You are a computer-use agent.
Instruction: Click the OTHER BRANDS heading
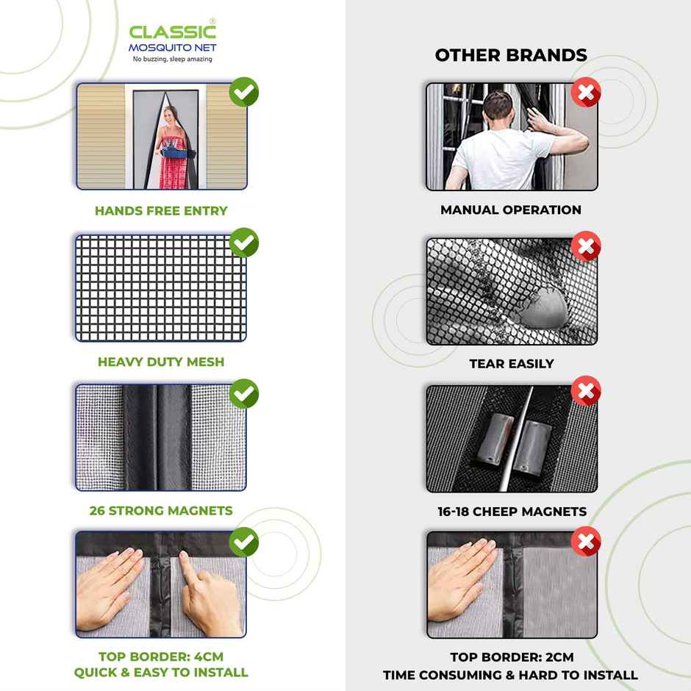pyautogui.click(x=511, y=55)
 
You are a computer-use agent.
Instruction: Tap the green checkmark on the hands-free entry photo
pyautogui.click(x=243, y=93)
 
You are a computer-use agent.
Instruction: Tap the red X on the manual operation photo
pyautogui.click(x=586, y=93)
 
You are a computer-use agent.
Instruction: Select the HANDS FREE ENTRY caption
pyautogui.click(x=161, y=211)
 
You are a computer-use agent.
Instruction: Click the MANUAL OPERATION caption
pyautogui.click(x=511, y=210)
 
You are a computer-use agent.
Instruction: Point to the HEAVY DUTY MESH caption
pyautogui.click(x=161, y=362)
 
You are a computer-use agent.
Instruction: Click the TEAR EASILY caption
pyautogui.click(x=512, y=364)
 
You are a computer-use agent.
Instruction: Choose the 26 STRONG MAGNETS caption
pyautogui.click(x=161, y=510)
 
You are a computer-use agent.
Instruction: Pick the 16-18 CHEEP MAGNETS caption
pyautogui.click(x=512, y=512)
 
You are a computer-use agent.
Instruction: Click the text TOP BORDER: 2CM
pyautogui.click(x=512, y=656)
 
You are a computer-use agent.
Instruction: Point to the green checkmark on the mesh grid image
pyautogui.click(x=243, y=243)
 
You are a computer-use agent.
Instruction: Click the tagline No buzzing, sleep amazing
pyautogui.click(x=172, y=59)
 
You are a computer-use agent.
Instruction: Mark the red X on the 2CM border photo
pyautogui.click(x=586, y=543)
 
